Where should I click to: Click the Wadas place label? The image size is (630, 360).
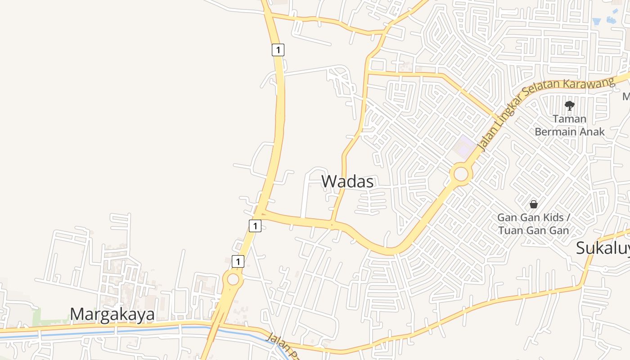(x=347, y=181)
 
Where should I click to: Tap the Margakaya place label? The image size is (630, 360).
(x=112, y=314)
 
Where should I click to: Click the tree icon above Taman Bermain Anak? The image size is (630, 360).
(x=569, y=106)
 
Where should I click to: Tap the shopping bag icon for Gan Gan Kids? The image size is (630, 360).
(x=533, y=204)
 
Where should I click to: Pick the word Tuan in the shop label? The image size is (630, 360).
(x=509, y=230)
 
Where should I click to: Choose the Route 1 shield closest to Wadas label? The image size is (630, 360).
(x=255, y=225)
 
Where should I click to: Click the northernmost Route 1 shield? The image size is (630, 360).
(x=278, y=49)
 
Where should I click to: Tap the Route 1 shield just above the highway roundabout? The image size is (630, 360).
(x=238, y=261)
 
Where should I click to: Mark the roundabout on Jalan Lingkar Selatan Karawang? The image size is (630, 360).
(x=461, y=174)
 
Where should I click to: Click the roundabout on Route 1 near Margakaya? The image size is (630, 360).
(x=233, y=279)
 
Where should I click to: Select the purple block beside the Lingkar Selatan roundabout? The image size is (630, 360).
(x=464, y=147)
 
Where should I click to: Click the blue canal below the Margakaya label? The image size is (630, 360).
(x=112, y=332)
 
